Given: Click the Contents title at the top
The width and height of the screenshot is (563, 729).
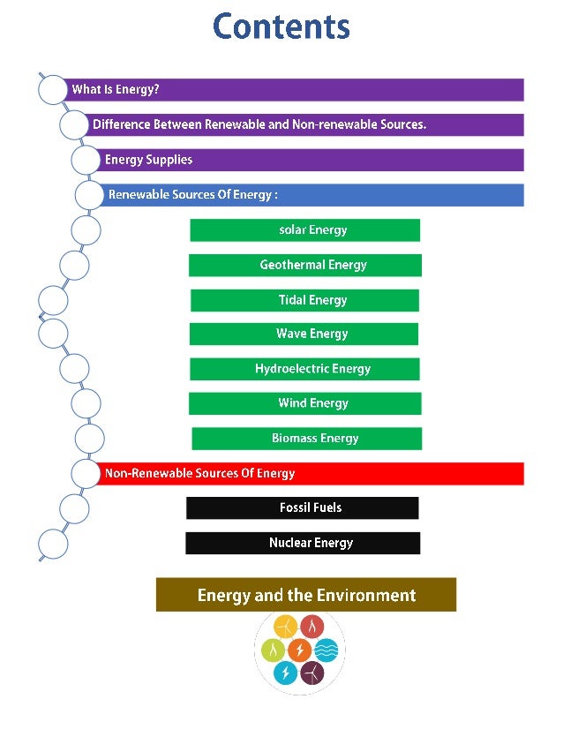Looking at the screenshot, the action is [x=281, y=26].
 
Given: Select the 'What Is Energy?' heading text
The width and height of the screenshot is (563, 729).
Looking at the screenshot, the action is [x=116, y=89].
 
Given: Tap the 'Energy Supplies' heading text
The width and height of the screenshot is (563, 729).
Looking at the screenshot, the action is [x=148, y=160].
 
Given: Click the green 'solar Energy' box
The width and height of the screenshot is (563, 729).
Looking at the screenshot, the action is [x=304, y=230].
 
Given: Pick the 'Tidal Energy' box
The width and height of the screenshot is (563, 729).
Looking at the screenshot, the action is [x=304, y=300].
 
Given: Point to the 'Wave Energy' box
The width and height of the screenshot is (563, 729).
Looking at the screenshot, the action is [x=304, y=334].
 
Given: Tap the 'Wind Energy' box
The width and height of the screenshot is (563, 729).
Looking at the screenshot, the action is [x=304, y=403].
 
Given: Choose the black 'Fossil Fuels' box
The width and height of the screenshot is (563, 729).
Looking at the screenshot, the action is [x=302, y=507].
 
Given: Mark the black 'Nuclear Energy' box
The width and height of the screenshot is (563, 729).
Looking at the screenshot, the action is [x=302, y=543].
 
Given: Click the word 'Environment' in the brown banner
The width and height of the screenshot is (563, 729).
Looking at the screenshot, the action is [x=364, y=595].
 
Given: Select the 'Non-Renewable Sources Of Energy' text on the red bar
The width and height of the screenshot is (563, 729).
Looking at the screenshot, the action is [x=199, y=474].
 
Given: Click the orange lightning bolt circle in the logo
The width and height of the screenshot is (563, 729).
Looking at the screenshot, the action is [x=299, y=650].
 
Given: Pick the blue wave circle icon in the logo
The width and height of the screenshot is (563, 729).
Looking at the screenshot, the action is [x=326, y=650].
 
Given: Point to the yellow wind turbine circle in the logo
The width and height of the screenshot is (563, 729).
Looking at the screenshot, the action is [x=286, y=628].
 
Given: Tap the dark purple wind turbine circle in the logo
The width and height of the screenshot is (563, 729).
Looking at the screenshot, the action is [x=312, y=673].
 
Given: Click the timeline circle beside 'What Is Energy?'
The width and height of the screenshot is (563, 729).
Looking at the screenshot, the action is [x=53, y=89].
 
